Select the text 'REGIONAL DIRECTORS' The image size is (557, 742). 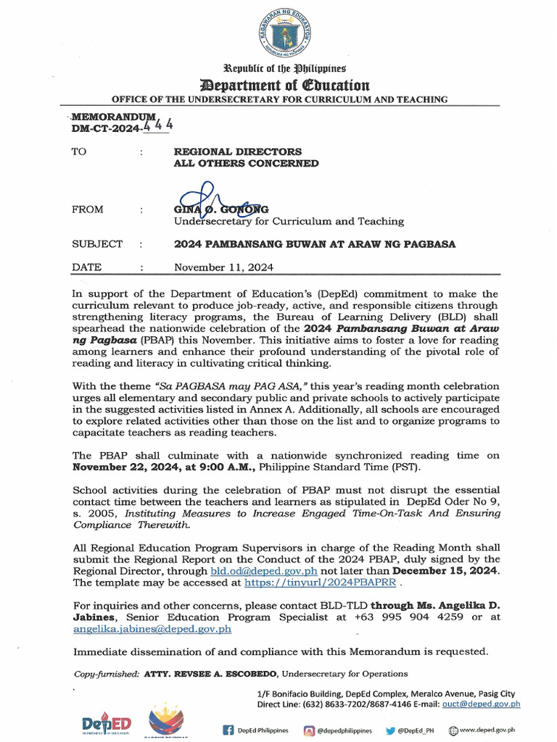point(237,151)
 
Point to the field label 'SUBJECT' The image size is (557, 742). point(97,244)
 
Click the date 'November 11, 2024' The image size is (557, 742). point(223,267)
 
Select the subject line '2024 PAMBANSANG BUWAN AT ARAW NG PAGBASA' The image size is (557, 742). point(315,244)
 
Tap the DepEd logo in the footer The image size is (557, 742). point(106,725)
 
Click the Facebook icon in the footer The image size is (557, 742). point(228,730)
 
